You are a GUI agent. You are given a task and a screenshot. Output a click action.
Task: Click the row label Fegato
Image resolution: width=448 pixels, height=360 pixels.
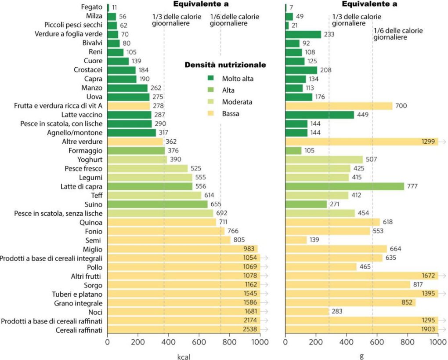point(92,7)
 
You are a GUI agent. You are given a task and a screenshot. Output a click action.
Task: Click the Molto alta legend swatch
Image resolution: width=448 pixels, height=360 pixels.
point(211,79)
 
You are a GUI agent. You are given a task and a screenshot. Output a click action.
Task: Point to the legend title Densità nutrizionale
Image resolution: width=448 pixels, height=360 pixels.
point(225,65)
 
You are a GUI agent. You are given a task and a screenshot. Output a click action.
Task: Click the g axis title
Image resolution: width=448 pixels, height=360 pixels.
point(361,355)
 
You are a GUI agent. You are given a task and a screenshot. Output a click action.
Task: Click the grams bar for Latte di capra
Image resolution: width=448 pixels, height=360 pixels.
point(344,186)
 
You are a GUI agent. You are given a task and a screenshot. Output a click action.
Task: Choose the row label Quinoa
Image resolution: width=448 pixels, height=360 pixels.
point(92,222)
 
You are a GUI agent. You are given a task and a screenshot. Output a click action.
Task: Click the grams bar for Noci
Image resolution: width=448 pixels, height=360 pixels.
point(307,312)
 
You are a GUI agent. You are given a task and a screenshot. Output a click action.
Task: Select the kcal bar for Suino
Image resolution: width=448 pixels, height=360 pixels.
point(157,204)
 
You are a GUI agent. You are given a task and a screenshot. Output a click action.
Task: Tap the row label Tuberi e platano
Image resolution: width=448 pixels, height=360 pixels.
point(78,294)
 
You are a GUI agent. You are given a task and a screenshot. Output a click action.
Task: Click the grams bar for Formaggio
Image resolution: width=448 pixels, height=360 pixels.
point(293,150)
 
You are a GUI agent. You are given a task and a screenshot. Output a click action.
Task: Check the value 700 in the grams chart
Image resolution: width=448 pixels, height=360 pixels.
point(401,105)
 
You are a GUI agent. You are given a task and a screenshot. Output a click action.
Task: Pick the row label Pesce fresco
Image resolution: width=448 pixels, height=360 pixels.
point(83,168)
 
